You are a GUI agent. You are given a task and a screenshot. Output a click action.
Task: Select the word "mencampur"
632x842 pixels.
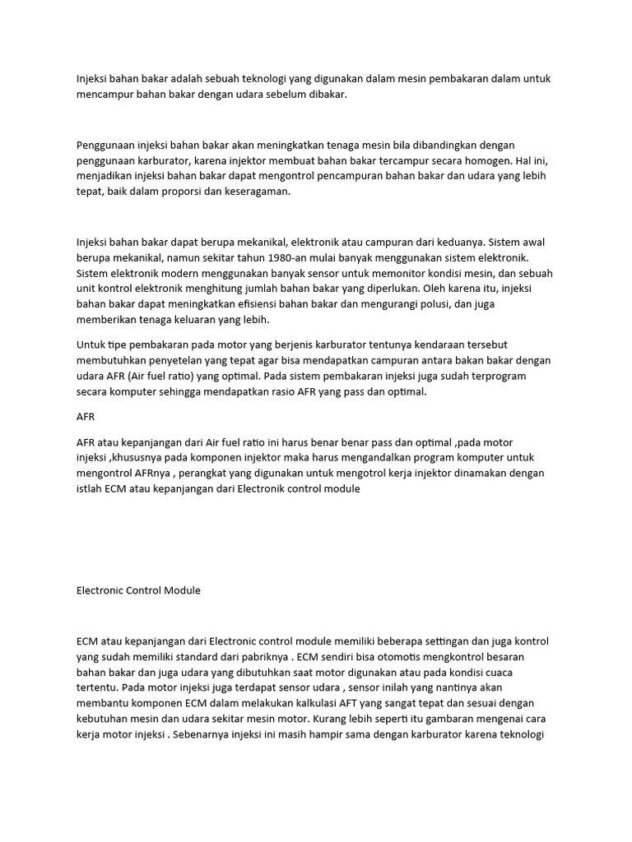[103, 95]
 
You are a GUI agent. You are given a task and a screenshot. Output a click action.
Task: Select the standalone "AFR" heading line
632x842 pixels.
[86, 417]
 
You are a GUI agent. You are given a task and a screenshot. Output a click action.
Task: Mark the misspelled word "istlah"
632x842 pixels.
[89, 489]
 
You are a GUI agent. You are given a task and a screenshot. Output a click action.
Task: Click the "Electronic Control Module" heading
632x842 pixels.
[138, 590]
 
